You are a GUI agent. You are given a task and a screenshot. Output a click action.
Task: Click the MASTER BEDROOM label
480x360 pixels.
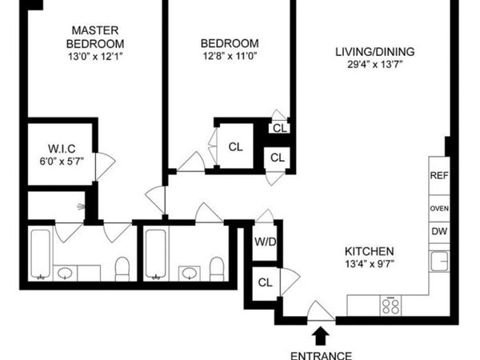(x=95, y=36)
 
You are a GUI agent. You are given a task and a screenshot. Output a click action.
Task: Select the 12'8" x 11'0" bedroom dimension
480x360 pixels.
(x=230, y=56)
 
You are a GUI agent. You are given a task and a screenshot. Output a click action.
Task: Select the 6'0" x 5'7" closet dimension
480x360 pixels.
(x=61, y=160)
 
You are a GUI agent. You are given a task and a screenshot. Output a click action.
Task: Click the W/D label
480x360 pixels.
(x=265, y=242)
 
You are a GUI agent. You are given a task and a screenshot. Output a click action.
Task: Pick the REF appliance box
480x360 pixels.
(x=438, y=175)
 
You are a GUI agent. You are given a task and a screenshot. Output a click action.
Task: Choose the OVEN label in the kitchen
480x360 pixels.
(x=438, y=209)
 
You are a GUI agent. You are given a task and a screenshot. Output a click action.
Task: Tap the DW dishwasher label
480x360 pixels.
(x=438, y=232)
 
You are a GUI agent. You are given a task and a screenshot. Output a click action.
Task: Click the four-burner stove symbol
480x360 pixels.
(x=392, y=305)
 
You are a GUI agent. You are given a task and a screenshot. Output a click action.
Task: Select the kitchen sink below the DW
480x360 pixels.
(x=438, y=260)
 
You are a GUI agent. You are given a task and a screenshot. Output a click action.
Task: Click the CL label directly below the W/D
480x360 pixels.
(x=265, y=282)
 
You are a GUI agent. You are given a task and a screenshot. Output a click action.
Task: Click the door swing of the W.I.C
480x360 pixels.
(x=105, y=165)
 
